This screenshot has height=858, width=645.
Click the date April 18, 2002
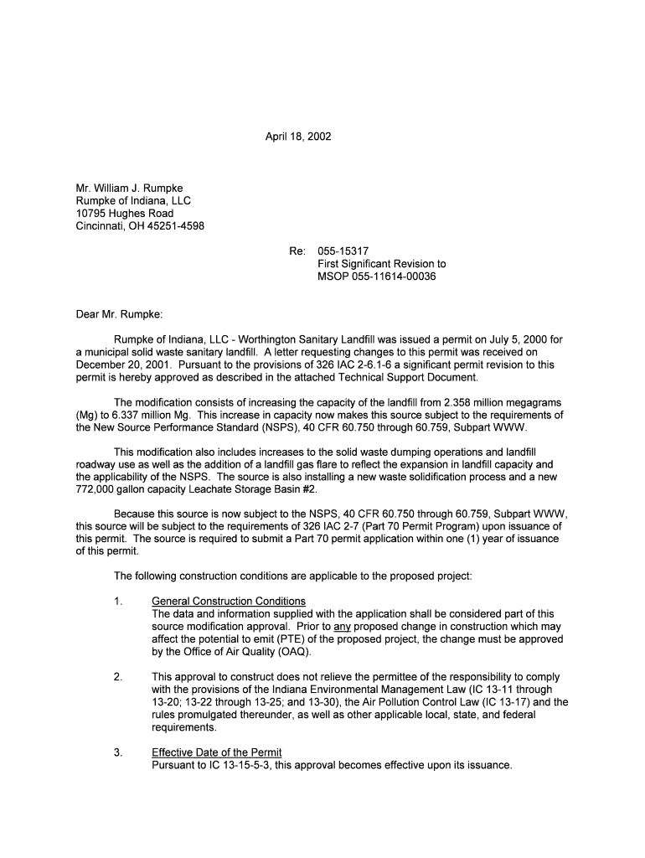point(298,136)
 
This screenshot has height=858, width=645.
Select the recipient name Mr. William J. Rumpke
point(129,188)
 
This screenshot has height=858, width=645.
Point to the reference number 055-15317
point(343,251)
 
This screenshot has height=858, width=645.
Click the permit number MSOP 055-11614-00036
point(377,276)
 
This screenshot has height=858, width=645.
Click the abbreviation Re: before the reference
point(298,251)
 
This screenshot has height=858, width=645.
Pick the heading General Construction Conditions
point(229,601)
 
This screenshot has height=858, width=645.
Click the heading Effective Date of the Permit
point(216,752)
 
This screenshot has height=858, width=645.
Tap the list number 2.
point(118,676)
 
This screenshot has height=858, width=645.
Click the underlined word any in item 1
point(342,626)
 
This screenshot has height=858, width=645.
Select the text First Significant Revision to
point(382,263)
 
